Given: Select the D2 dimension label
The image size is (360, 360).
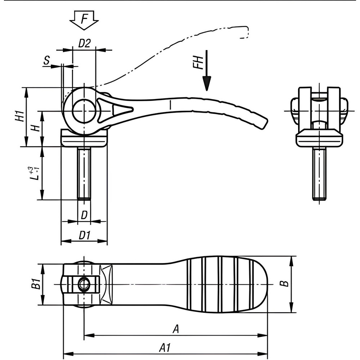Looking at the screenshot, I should point(84,43).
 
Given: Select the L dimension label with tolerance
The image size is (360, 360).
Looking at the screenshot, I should point(33,173).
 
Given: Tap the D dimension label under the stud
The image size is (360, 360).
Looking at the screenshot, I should point(84,215).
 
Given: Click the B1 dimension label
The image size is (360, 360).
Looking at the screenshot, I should point(35,285).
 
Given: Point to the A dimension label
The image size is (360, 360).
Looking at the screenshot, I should point(176,329).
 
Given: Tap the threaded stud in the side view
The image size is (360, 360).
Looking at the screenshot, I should point(84,173).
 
